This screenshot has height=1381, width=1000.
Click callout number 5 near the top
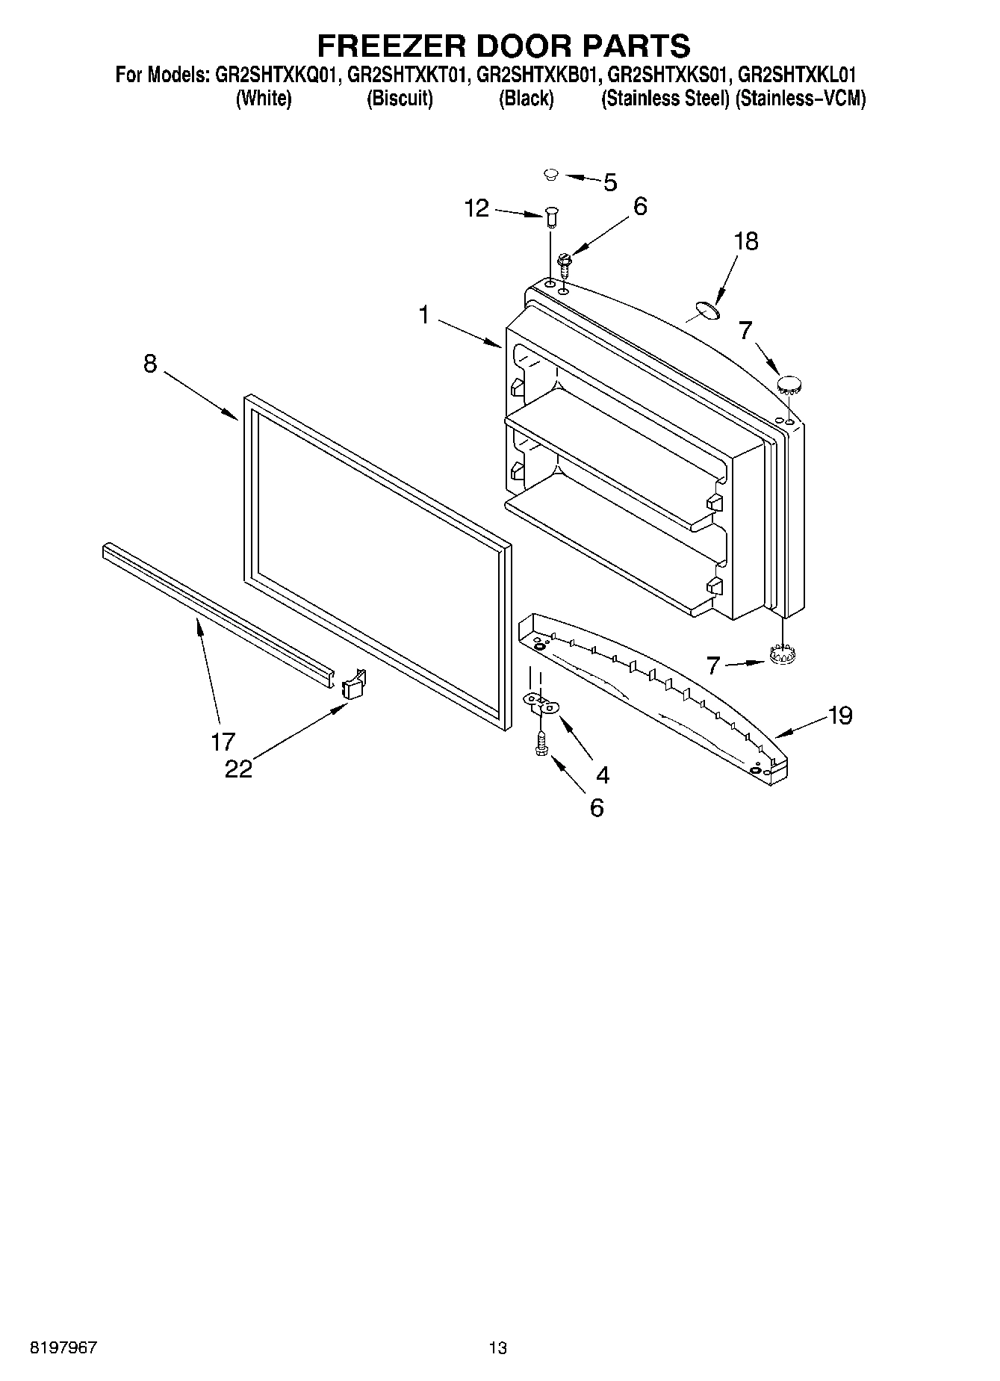(610, 182)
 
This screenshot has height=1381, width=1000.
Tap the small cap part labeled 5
(551, 175)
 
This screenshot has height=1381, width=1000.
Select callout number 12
(476, 208)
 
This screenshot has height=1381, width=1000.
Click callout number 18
(745, 241)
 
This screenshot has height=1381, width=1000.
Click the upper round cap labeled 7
(789, 385)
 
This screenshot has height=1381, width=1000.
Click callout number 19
(840, 716)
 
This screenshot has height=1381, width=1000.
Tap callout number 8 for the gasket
(150, 364)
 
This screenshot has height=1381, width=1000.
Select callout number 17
(223, 742)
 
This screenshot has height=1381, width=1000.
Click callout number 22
(239, 769)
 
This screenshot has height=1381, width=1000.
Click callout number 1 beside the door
(423, 315)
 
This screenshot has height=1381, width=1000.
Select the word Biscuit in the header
(400, 99)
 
